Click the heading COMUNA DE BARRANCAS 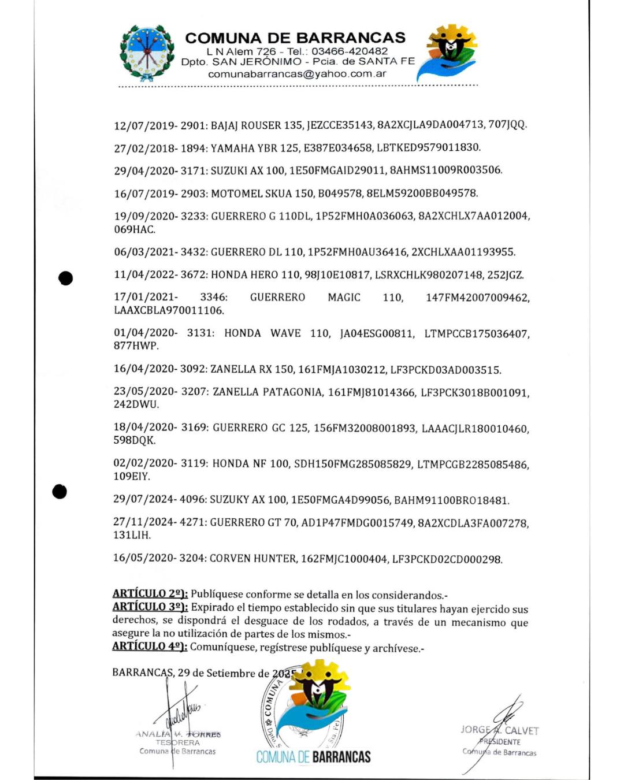pyautogui.click(x=295, y=38)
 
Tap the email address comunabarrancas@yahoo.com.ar pyautogui.click(x=297, y=74)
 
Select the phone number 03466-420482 pyautogui.click(x=350, y=51)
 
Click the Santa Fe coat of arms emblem pyautogui.click(x=147, y=53)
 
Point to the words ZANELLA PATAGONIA pyautogui.click(x=268, y=392)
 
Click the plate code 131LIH pyautogui.click(x=132, y=535)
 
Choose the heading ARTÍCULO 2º pyautogui.click(x=150, y=594)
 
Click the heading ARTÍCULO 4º pyautogui.click(x=150, y=647)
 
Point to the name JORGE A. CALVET pyautogui.click(x=499, y=730)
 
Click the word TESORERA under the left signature pyautogui.click(x=177, y=742)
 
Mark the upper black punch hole pyautogui.click(x=66, y=278)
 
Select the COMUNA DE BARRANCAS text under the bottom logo pyautogui.click(x=313, y=757)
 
